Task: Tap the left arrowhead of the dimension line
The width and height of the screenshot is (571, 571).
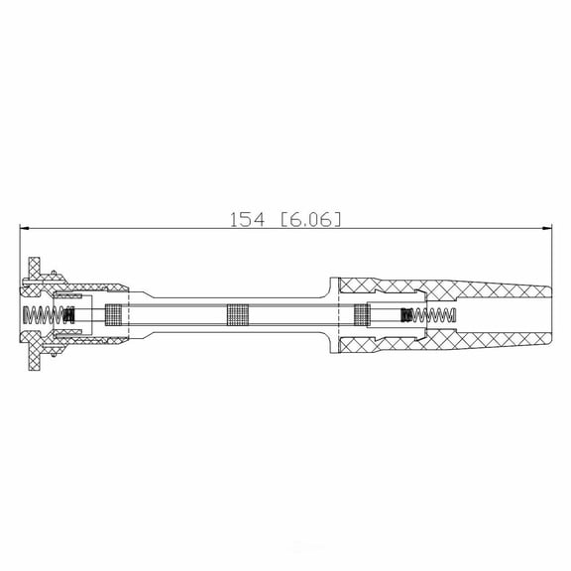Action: (x=24, y=229)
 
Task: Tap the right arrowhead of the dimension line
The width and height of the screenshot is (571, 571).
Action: (x=547, y=229)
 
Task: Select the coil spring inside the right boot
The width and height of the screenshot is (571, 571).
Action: (x=433, y=315)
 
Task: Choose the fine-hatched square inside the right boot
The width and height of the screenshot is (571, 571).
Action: (x=363, y=315)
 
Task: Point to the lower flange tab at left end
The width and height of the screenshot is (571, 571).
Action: (x=33, y=361)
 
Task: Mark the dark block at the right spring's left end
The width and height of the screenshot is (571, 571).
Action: (x=404, y=315)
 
